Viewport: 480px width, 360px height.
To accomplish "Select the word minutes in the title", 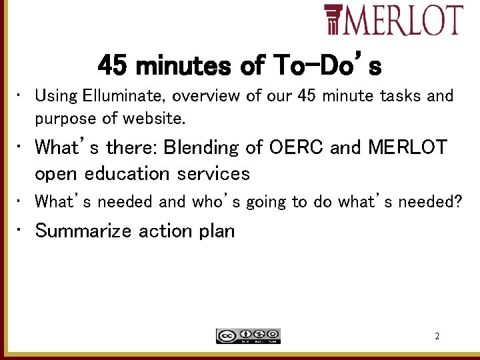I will click(183, 66).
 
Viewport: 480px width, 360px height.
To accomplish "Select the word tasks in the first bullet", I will click(401, 96).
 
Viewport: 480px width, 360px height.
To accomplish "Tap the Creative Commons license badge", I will click(248, 336).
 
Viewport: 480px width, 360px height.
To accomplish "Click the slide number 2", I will click(437, 337).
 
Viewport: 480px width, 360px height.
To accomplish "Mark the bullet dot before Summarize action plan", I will click(20, 230).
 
